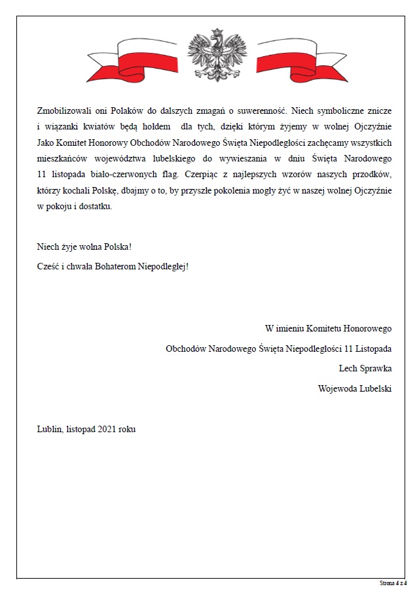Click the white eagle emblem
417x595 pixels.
tap(208, 55)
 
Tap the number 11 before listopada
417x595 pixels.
tap(42, 173)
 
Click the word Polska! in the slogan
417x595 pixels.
tap(115, 249)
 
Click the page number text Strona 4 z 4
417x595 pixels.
tap(393, 582)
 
